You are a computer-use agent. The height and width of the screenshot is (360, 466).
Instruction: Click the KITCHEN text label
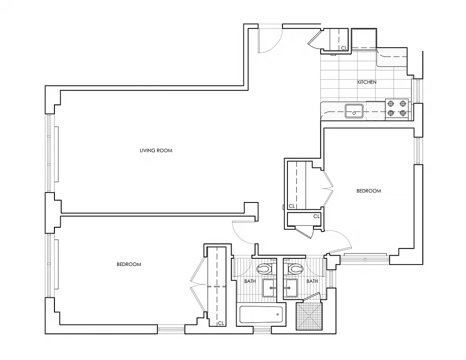click(367, 82)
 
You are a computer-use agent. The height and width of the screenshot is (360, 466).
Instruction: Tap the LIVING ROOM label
click(156, 150)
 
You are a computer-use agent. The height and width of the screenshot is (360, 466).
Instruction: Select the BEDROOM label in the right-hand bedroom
click(368, 191)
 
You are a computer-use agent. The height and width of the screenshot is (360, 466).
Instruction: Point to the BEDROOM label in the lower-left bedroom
click(129, 264)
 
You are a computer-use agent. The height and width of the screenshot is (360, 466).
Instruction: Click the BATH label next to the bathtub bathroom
click(250, 281)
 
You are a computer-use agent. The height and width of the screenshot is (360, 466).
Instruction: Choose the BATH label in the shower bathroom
click(312, 281)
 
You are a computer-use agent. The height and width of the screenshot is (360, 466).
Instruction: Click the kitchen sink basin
click(354, 111)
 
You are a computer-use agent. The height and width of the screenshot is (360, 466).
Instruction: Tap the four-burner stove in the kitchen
click(397, 108)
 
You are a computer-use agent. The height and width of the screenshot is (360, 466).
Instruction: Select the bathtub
click(261, 314)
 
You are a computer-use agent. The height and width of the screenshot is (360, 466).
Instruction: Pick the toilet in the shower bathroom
click(295, 269)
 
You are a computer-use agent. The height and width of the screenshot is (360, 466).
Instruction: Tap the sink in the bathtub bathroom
click(270, 287)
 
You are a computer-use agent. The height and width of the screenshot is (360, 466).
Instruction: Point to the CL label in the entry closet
click(344, 48)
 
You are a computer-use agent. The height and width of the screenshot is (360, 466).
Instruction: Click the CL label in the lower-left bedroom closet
click(220, 323)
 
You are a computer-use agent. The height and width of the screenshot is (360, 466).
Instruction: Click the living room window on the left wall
click(50, 153)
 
